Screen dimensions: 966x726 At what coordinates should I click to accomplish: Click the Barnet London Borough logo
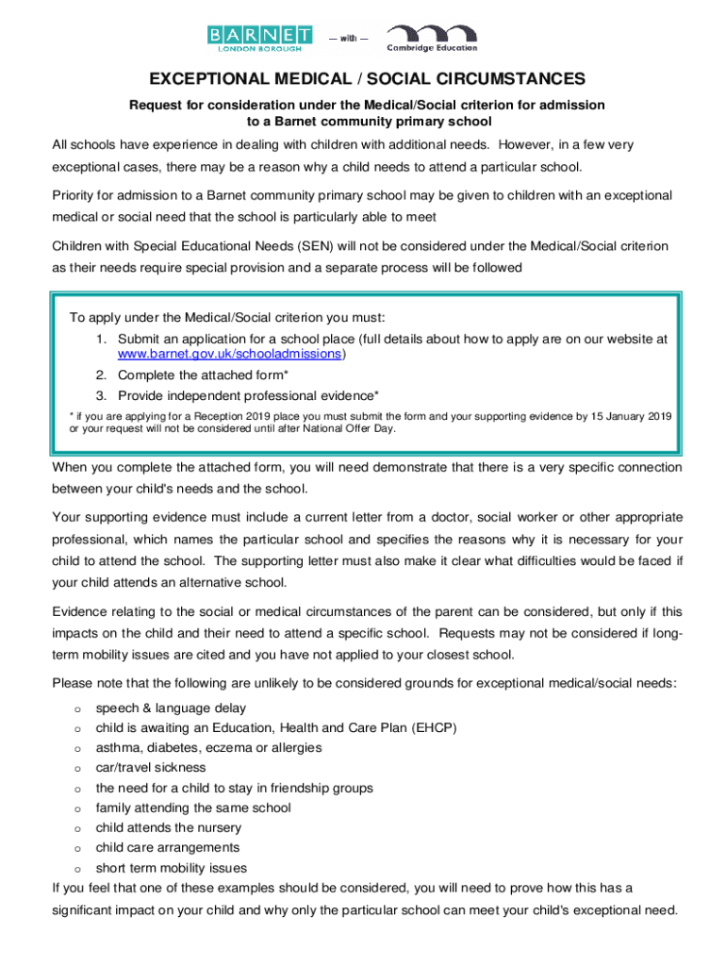tap(260, 39)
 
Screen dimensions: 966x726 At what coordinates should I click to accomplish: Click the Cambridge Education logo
tap(431, 39)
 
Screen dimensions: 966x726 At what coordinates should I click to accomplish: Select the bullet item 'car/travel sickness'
tap(151, 768)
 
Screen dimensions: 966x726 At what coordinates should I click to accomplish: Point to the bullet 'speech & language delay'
tap(171, 708)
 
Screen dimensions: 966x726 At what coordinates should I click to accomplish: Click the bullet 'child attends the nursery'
tap(169, 827)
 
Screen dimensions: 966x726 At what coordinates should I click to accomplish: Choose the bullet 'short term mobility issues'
tap(172, 868)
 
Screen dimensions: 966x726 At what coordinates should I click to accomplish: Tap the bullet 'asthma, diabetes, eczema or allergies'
tap(208, 747)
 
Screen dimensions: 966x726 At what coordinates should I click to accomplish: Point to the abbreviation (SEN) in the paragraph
tap(322, 246)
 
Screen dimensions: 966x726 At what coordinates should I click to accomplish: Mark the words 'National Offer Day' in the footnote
tap(353, 428)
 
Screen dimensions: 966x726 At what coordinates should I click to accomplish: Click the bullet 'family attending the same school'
tap(193, 808)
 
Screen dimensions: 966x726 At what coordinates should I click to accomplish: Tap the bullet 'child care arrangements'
tap(168, 847)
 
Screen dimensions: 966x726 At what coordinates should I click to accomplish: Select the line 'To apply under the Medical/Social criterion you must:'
tap(221, 316)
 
